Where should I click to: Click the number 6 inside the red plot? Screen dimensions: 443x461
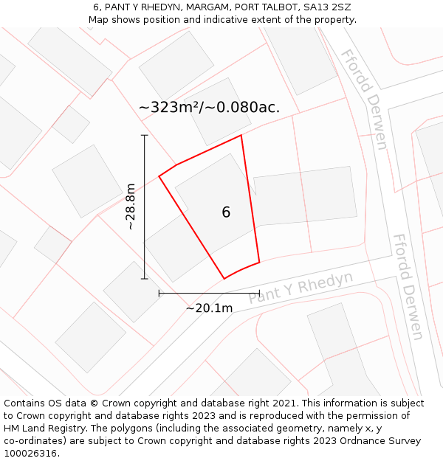tap(226, 212)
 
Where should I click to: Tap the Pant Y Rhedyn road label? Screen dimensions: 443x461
tap(301, 287)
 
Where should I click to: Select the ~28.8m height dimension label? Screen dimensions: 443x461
tap(131, 207)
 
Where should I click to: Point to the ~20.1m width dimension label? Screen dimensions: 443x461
tap(209, 308)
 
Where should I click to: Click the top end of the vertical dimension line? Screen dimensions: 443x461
tap(145, 136)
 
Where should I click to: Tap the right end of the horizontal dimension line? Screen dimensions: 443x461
tap(259, 293)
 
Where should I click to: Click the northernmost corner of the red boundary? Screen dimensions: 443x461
tap(241, 135)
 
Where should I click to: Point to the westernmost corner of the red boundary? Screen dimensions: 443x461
tap(159, 176)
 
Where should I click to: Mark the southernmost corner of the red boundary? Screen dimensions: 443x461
tap(224, 279)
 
